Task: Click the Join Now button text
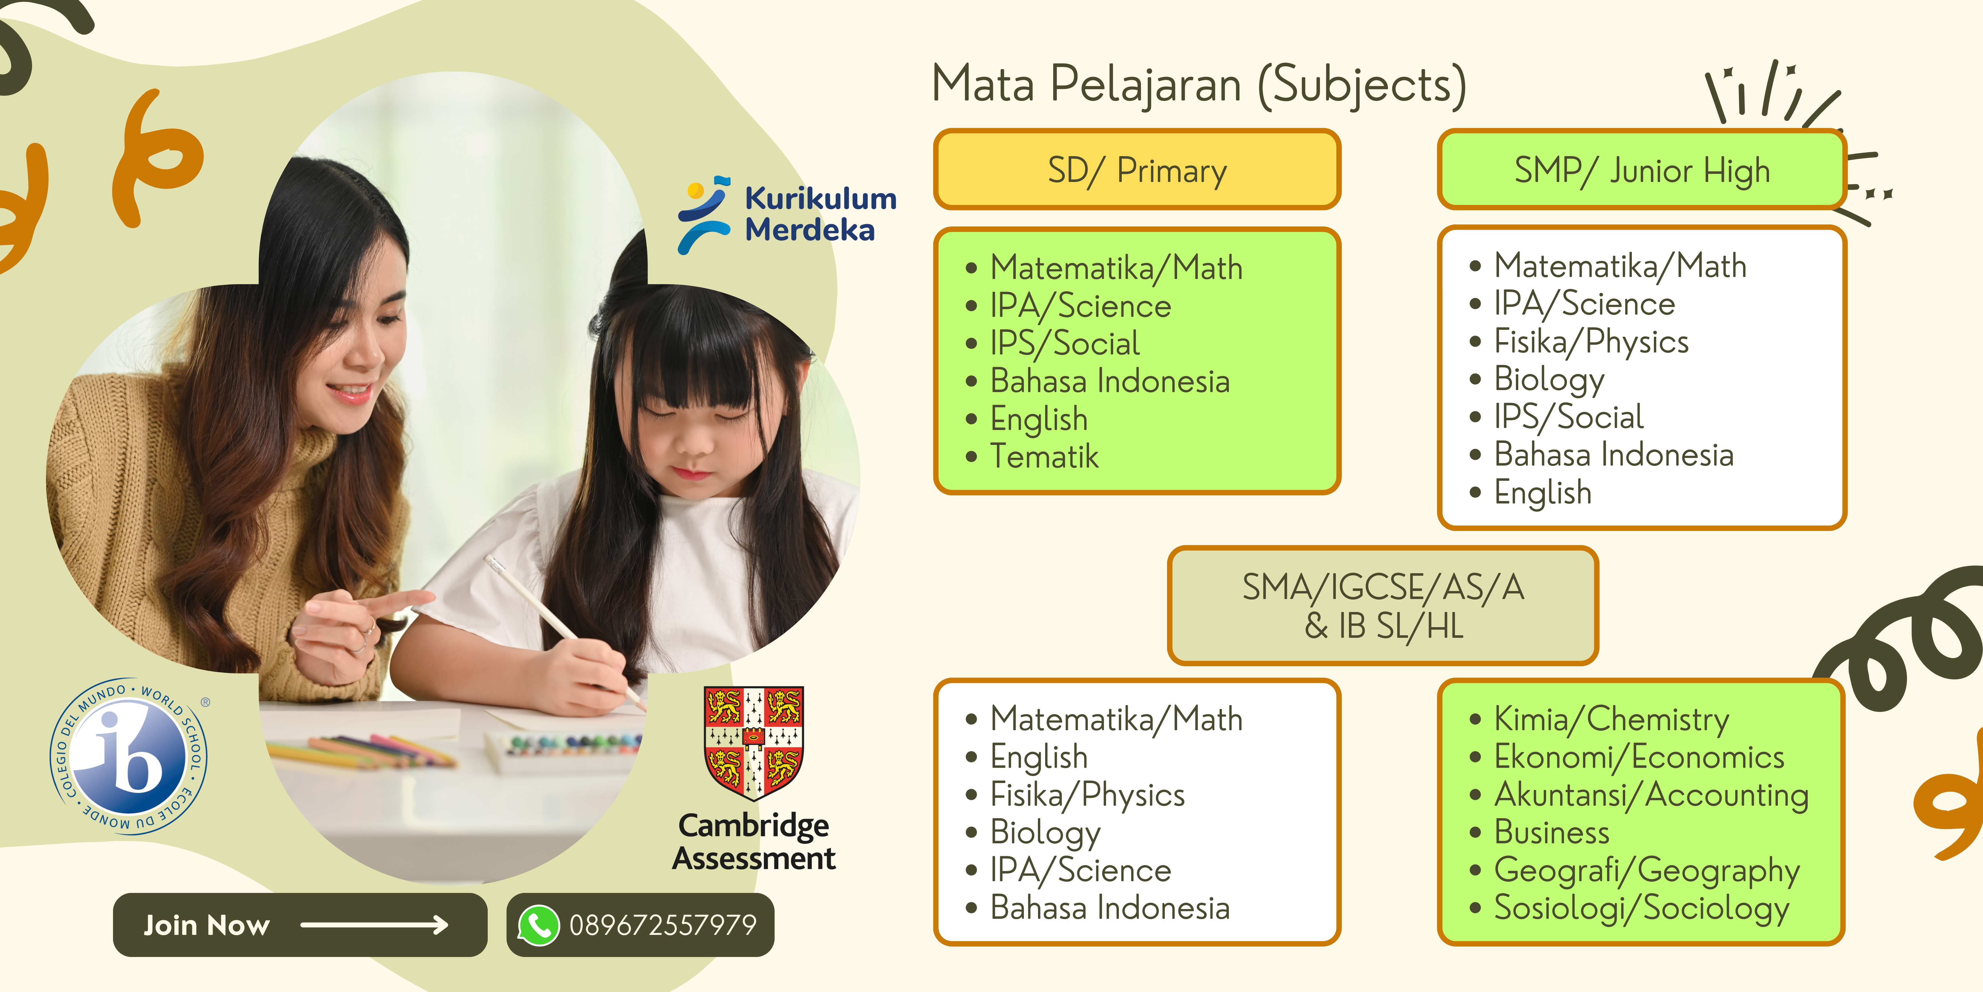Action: (x=206, y=925)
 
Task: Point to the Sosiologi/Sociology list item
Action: (x=1641, y=909)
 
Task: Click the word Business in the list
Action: (x=1551, y=833)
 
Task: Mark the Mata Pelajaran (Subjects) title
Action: (x=1199, y=85)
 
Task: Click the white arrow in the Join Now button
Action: (x=374, y=925)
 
